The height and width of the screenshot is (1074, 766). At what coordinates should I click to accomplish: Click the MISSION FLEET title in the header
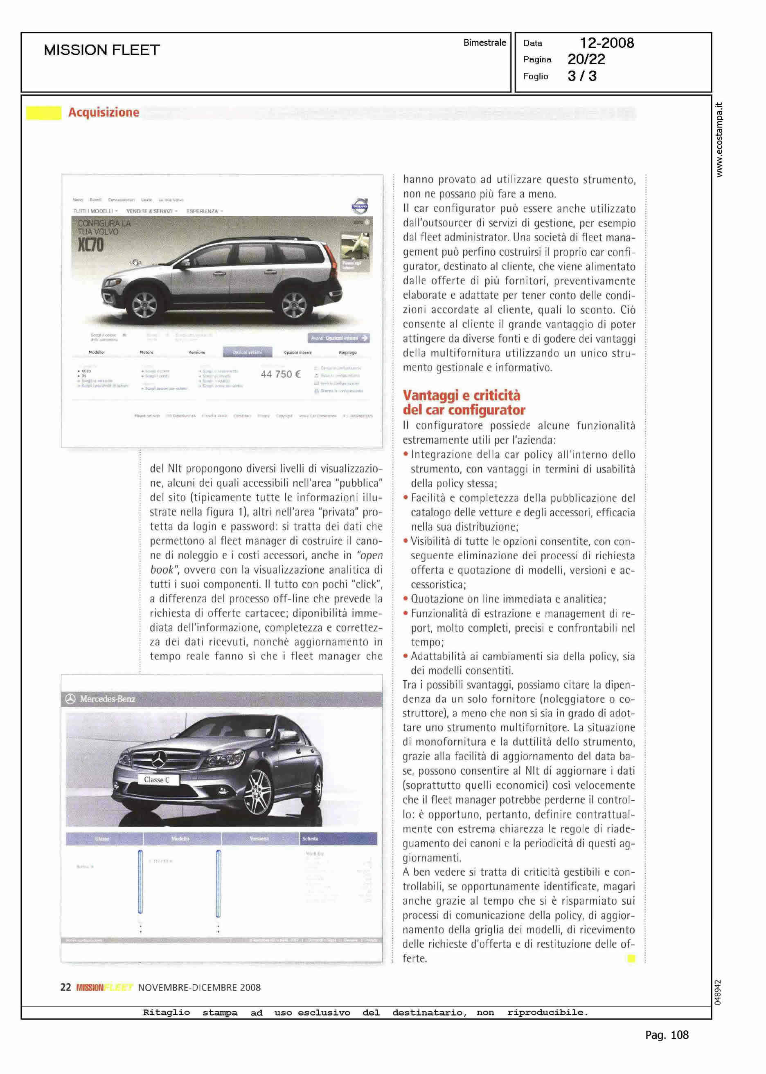tap(102, 50)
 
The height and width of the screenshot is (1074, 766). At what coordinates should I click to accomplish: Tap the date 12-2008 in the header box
tap(606, 43)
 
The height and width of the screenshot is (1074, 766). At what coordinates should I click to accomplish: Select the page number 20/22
tap(586, 59)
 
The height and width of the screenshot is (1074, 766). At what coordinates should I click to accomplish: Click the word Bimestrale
tap(484, 43)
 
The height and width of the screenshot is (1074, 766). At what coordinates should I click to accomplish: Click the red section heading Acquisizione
tap(104, 112)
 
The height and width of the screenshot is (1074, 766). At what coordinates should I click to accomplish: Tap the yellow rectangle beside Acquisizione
tap(43, 113)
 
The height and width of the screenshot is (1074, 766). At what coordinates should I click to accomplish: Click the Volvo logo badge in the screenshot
tap(360, 206)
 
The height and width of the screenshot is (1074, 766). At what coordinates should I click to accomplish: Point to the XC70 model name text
tap(90, 245)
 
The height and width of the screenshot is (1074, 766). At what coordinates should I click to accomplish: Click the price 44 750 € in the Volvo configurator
tap(281, 374)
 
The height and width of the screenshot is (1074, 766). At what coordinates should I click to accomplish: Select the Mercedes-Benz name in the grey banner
tap(107, 699)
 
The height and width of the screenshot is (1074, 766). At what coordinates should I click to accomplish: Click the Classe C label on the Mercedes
tap(157, 780)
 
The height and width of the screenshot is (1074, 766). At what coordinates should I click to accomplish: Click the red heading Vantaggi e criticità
tap(461, 395)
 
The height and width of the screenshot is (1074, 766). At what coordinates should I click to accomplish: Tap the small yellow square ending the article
tap(631, 958)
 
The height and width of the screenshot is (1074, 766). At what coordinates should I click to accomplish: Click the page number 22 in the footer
tap(65, 987)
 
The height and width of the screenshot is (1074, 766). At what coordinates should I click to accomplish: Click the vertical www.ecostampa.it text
tap(719, 139)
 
